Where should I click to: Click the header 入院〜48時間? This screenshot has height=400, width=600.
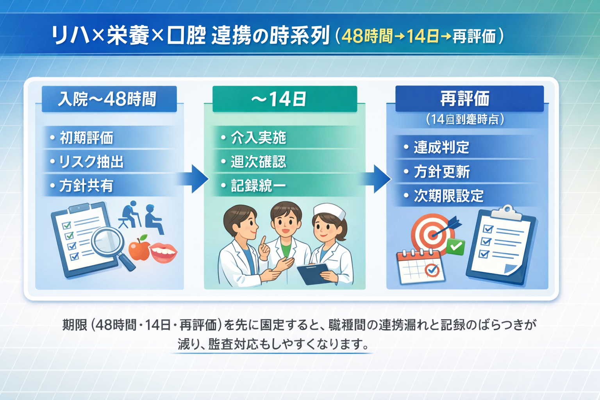tap(109, 99)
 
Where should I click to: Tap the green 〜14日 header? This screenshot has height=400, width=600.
tap(284, 99)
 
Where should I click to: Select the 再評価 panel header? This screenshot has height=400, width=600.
tap(469, 98)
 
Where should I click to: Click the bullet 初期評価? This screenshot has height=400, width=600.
tap(86, 138)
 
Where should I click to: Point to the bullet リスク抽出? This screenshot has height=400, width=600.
tap(91, 162)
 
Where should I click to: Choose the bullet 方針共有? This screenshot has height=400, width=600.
tap(86, 186)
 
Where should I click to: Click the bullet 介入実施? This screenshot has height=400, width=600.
tap(258, 137)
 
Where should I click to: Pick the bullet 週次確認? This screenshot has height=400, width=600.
tap(258, 162)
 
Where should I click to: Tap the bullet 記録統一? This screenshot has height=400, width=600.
tap(258, 186)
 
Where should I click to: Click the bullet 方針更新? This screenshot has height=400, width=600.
tap(442, 172)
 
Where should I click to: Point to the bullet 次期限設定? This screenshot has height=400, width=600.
tap(448, 196)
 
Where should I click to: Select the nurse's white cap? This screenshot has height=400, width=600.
tap(330, 211)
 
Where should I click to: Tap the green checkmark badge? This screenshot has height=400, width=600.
tap(455, 246)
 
